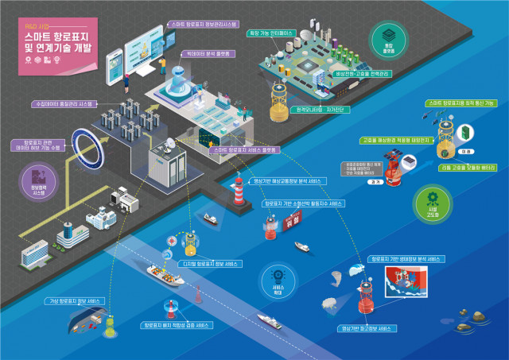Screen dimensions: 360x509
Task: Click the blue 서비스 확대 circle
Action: click(278, 281)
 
